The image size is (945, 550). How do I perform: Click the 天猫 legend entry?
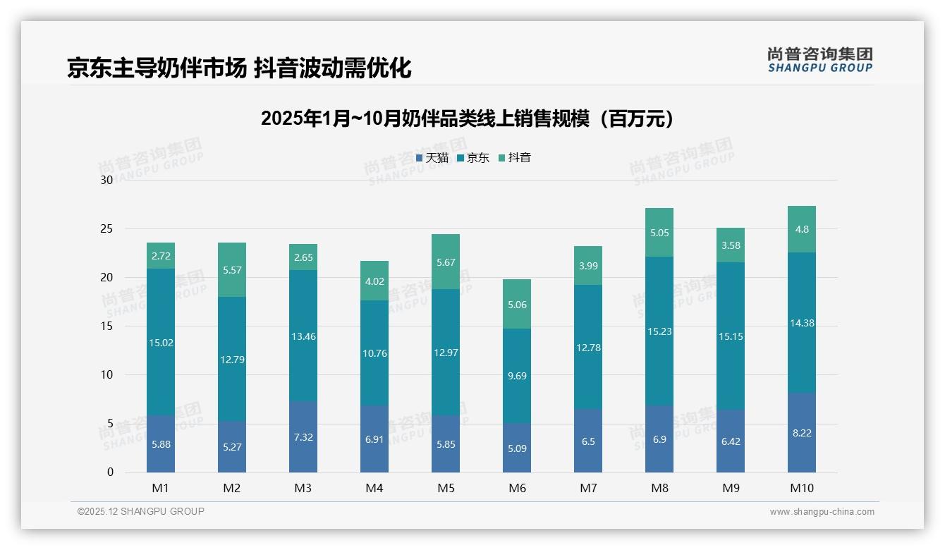[x=432, y=158]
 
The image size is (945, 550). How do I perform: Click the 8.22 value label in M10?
[x=802, y=433]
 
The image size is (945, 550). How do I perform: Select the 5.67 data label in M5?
[x=446, y=262]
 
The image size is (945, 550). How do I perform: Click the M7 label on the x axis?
[x=588, y=488]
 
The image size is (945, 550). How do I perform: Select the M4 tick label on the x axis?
[x=374, y=488]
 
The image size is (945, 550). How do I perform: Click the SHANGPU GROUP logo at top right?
[x=819, y=60]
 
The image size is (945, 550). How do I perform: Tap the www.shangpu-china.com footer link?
[x=822, y=512]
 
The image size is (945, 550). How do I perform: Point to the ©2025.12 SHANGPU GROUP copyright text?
[x=141, y=512]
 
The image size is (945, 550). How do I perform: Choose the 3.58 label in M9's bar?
[x=731, y=245]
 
